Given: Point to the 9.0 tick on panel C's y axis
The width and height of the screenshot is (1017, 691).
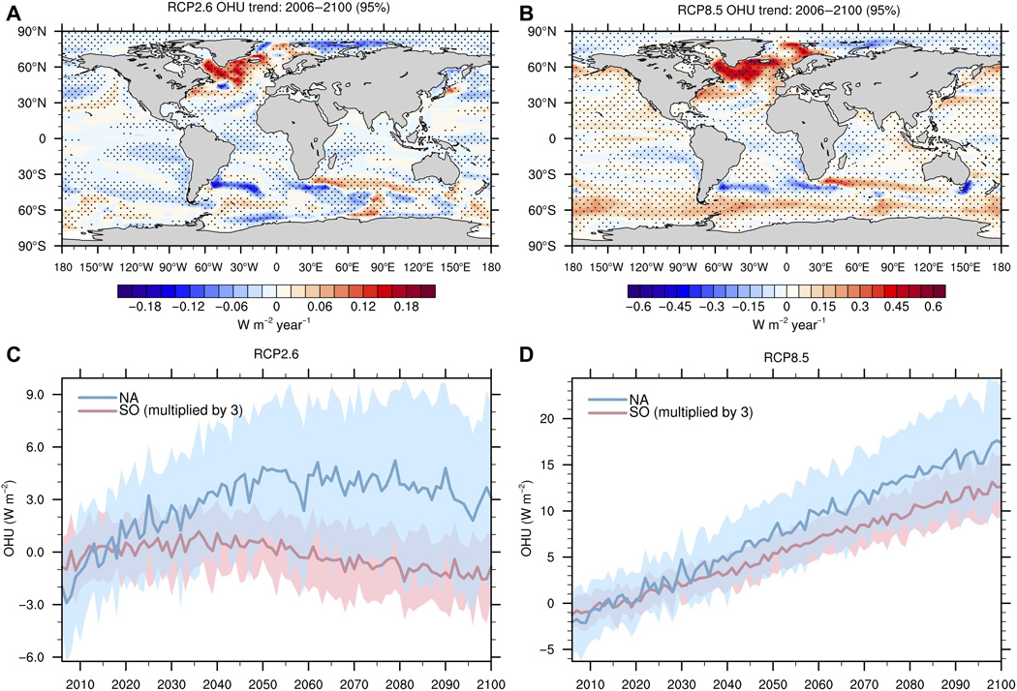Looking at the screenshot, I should (x=39, y=395).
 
